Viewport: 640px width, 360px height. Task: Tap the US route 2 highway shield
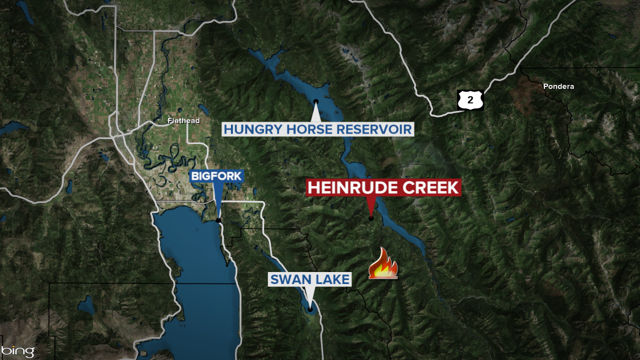[470, 100]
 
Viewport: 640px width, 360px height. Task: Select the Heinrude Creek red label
[383, 188]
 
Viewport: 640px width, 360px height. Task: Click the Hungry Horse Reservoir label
[317, 129]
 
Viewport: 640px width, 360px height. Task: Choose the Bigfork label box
[216, 176]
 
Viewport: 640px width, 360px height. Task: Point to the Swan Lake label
[310, 279]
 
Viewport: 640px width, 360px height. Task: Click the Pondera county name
[558, 86]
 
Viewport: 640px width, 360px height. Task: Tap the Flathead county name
[183, 120]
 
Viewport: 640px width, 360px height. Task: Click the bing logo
[18, 351]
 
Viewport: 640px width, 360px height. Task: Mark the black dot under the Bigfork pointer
[218, 220]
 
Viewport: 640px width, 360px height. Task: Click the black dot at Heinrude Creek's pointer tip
[371, 217]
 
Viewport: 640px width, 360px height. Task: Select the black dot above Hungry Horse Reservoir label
[316, 102]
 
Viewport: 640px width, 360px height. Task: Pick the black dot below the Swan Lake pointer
[310, 308]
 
